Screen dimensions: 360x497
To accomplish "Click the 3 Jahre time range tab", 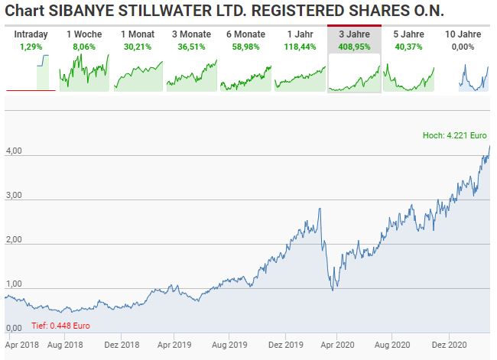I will [354, 34].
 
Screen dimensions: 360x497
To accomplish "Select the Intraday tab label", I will [31, 34].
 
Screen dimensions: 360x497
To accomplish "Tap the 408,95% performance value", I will [354, 46].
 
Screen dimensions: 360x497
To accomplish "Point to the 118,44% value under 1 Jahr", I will [300, 46].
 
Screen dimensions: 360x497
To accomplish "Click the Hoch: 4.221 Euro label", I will [455, 136].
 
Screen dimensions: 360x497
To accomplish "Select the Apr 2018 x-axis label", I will [21, 345].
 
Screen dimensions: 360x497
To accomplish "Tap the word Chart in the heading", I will [24, 11].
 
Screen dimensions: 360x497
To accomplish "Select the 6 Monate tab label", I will [246, 34].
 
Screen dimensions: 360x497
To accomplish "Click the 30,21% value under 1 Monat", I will [138, 46].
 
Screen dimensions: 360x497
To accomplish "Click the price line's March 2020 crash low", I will [332, 290].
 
